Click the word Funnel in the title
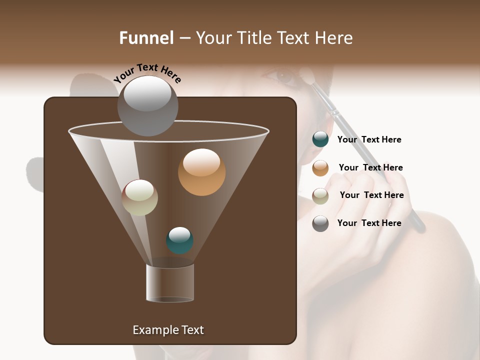click(146, 38)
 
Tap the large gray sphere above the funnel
click(147, 106)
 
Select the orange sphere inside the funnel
click(201, 172)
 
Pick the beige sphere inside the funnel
click(140, 197)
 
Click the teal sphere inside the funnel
click(179, 240)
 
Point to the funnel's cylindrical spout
click(170, 283)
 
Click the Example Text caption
click(168, 330)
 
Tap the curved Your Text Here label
click(147, 73)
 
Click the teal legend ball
click(320, 139)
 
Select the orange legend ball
click(320, 168)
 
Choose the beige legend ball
click(320, 196)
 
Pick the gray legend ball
click(320, 223)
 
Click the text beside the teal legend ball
click(369, 139)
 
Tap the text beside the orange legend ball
click(370, 167)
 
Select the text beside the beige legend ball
click(371, 195)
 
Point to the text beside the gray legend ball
click(369, 223)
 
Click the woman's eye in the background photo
click(285, 76)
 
